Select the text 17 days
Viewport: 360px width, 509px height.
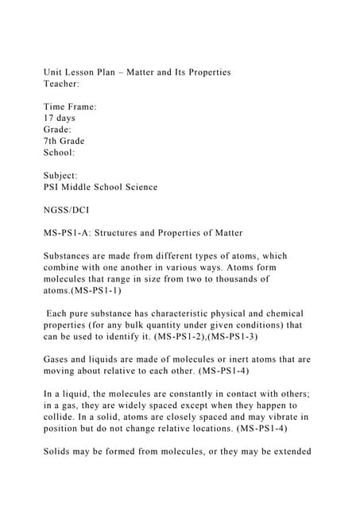60,118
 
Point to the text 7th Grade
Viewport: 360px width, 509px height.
64,141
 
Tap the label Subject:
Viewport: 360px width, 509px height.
61,175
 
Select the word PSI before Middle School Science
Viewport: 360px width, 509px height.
53,187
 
